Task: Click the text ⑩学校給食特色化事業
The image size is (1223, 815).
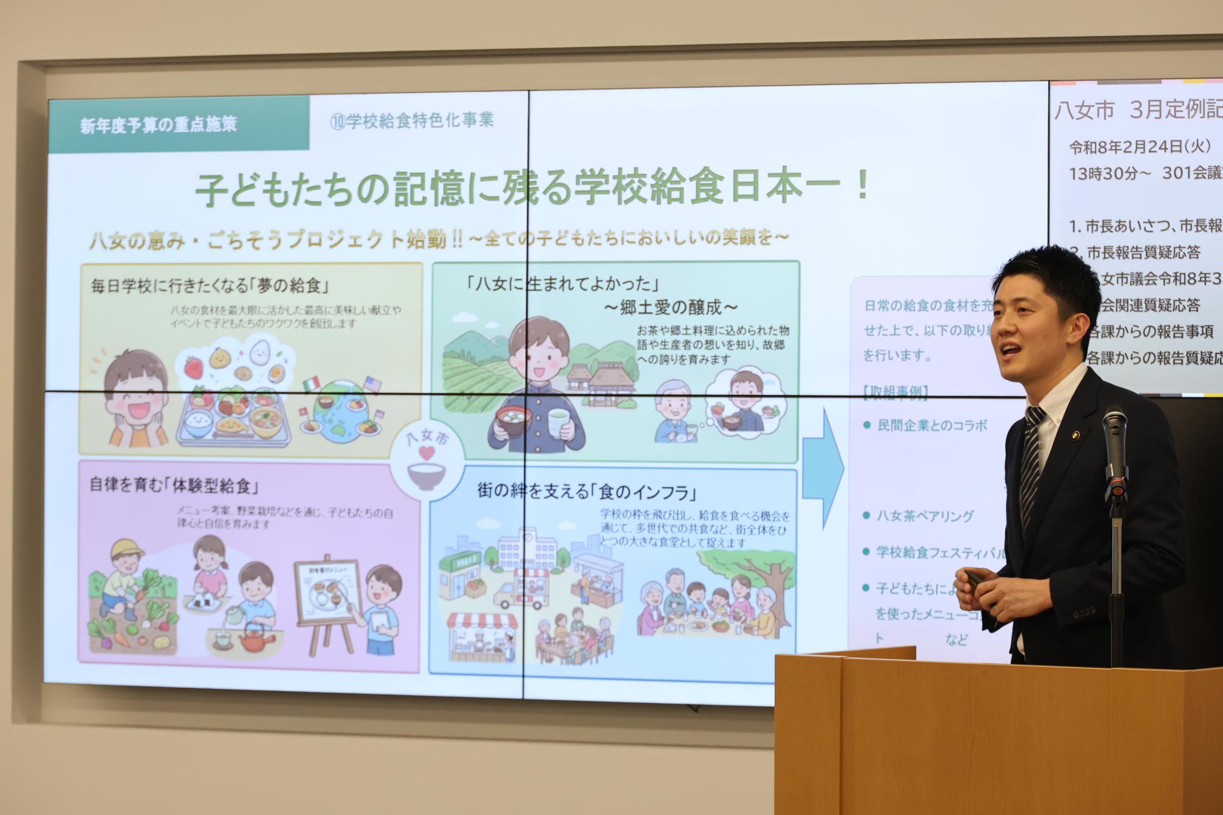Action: [x=412, y=120]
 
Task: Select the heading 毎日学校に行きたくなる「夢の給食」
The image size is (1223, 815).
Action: [x=206, y=286]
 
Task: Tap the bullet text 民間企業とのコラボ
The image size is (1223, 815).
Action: [x=931, y=426]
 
